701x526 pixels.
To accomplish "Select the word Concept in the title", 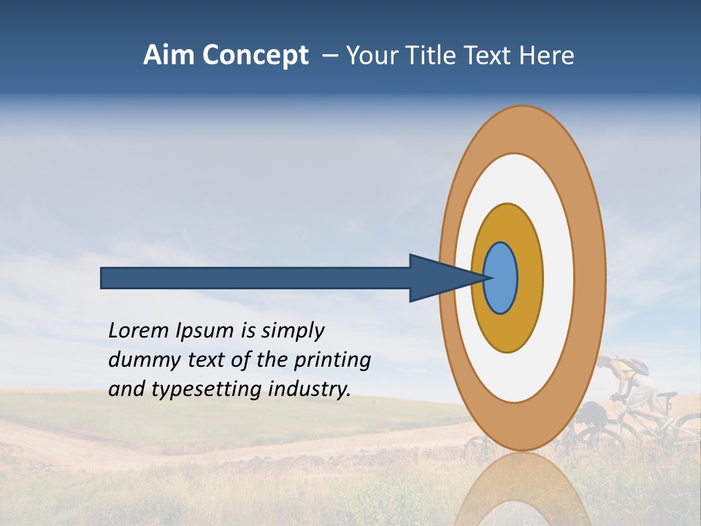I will coord(255,56).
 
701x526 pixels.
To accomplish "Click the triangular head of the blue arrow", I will coord(438,278).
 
